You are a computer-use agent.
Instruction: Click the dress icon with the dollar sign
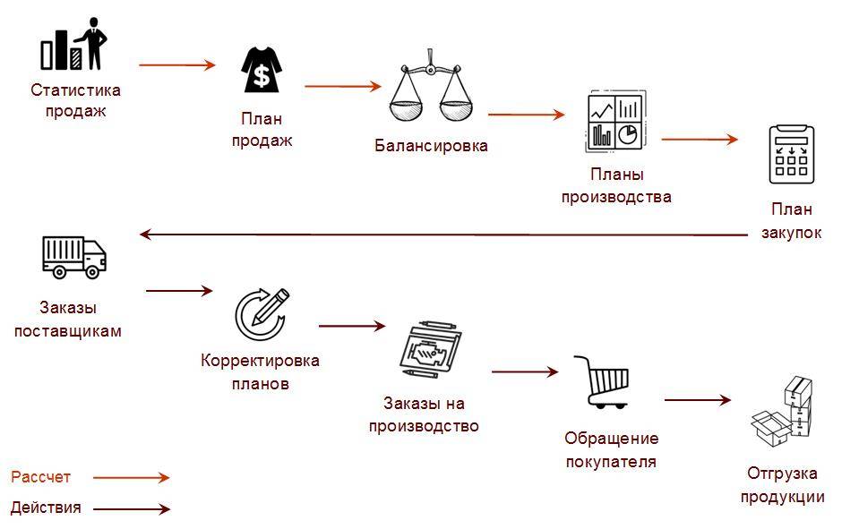262,71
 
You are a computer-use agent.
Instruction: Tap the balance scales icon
431,87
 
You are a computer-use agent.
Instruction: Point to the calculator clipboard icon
791,155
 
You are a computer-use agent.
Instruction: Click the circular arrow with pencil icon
262,309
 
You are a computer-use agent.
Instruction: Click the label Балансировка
431,146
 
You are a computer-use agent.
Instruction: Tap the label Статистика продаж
75,101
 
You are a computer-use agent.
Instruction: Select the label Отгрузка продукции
782,486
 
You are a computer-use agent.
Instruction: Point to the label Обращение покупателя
611,450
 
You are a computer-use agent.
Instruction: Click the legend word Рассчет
40,478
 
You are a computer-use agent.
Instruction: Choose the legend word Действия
46,508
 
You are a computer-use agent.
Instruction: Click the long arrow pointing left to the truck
443,235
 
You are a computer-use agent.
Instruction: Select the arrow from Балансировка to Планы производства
526,115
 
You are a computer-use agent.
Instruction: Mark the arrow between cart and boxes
698,400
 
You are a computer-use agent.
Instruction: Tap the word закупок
791,233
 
